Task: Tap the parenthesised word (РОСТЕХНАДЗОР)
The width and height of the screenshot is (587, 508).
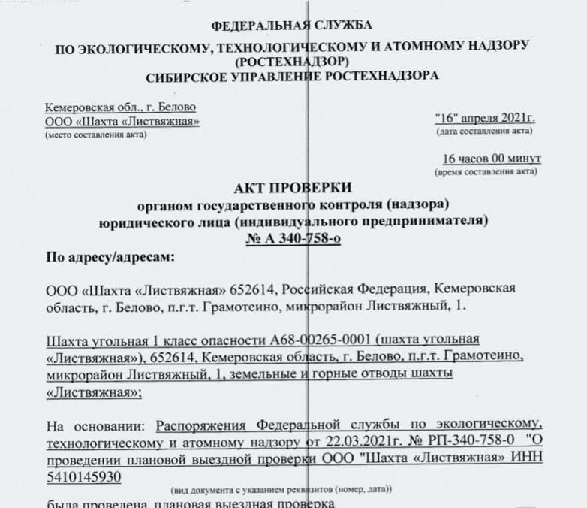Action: (x=293, y=61)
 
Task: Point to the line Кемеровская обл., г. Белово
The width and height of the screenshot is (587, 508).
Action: (x=110, y=108)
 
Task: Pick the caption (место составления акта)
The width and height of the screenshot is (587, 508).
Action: (x=95, y=135)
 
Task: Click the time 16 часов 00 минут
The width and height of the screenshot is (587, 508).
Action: (x=492, y=159)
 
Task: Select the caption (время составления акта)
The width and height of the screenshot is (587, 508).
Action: (x=486, y=172)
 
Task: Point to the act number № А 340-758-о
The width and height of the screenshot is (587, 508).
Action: (x=292, y=240)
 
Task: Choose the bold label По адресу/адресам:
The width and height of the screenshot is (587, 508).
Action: (x=110, y=259)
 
